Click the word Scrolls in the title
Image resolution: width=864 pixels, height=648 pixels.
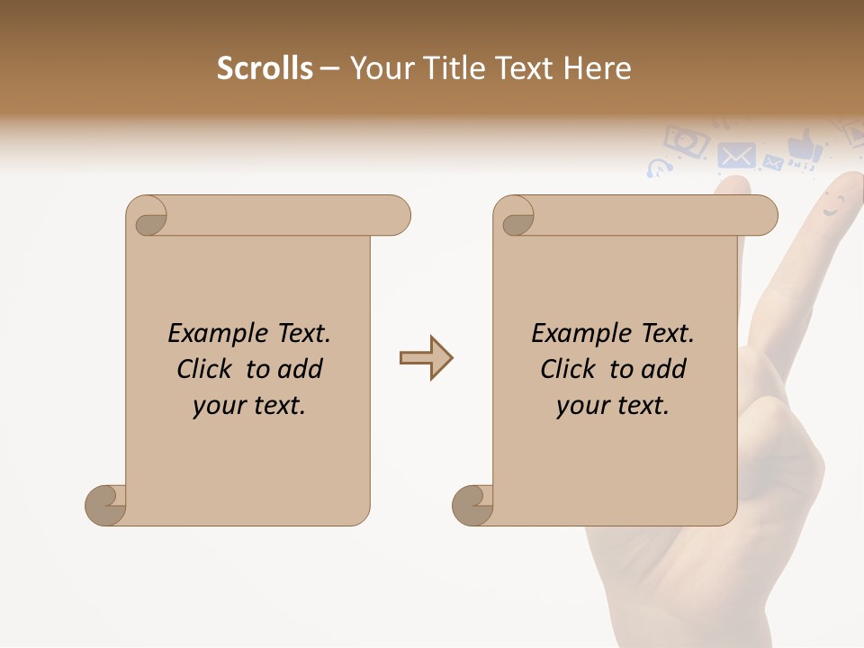(x=265, y=68)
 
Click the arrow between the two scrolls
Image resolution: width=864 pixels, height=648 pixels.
(x=426, y=358)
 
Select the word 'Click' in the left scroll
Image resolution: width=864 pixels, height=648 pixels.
(x=207, y=369)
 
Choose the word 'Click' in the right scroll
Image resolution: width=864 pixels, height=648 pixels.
(x=571, y=369)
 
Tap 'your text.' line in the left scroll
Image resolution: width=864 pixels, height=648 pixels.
(x=249, y=406)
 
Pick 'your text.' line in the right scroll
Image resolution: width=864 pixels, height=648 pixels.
(x=613, y=406)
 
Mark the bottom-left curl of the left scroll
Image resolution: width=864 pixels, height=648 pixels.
(x=105, y=505)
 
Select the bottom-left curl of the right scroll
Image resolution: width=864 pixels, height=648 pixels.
(x=472, y=505)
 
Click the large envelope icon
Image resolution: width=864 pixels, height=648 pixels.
(x=737, y=156)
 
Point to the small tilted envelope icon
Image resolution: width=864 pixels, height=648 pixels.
(x=772, y=163)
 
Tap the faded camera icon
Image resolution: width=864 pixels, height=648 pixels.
(x=686, y=140)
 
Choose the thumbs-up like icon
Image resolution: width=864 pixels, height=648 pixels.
(x=804, y=147)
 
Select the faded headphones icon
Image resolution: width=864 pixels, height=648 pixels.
(x=659, y=168)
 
